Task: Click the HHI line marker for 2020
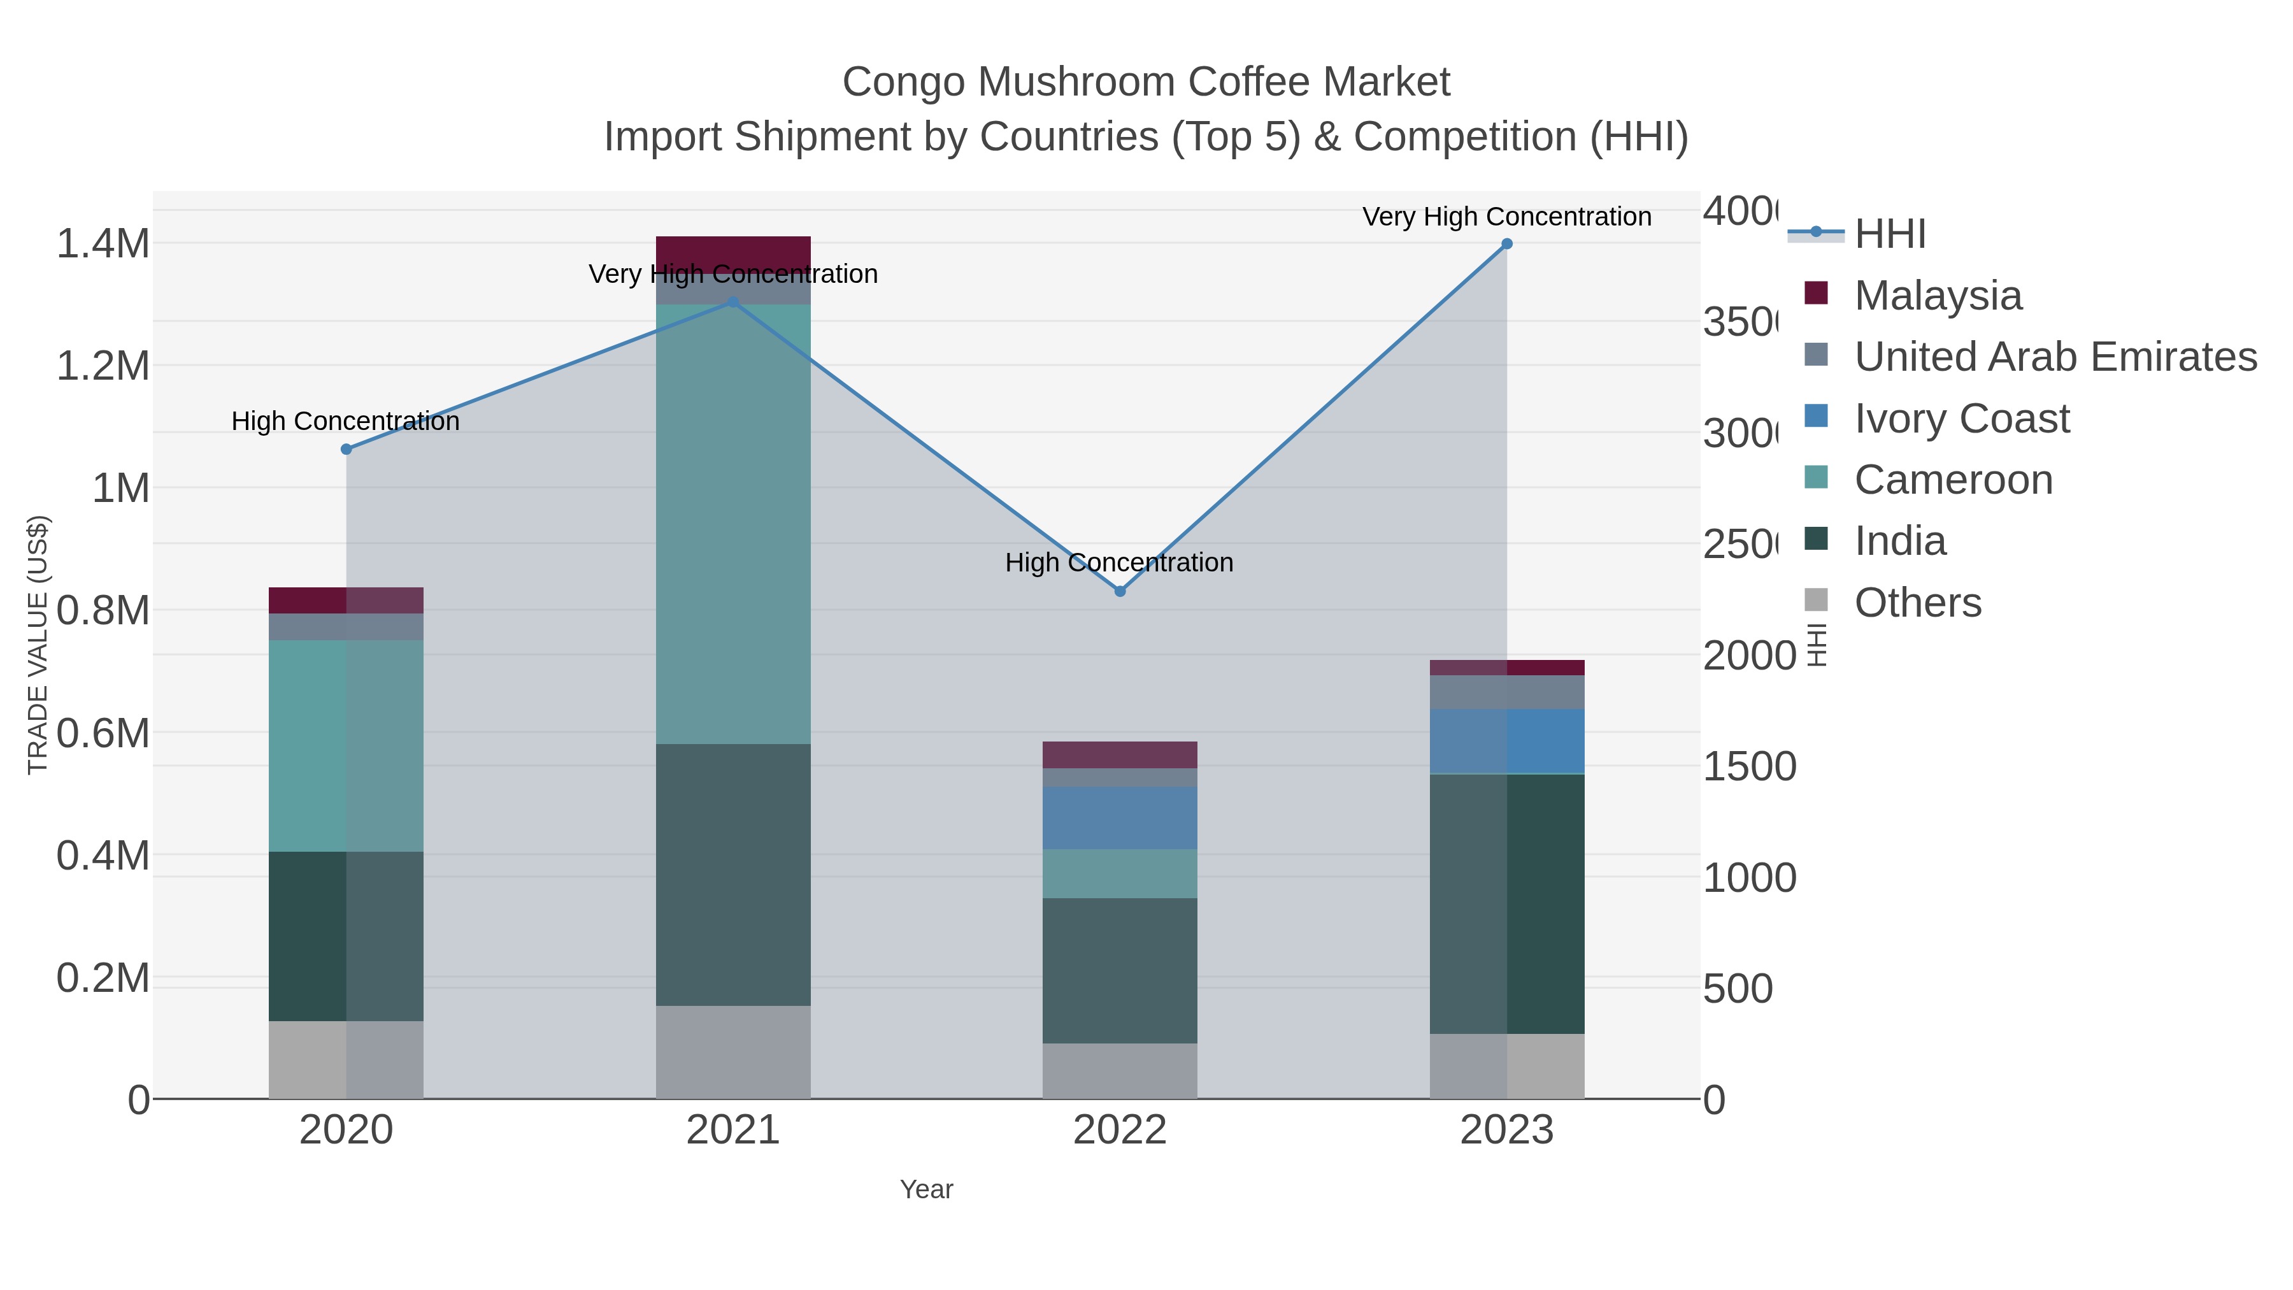[346, 450]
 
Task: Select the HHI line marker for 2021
[734, 302]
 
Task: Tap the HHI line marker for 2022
[1120, 591]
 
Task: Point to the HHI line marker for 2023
[1507, 244]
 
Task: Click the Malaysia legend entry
[1937, 296]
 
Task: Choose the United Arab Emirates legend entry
[2054, 357]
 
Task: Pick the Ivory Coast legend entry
[1961, 419]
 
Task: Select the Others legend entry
[1917, 603]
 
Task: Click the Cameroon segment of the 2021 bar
[734, 526]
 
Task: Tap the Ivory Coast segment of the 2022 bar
[1120, 818]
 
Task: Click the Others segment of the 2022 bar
[1120, 1071]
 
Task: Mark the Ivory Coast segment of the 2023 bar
[1507, 742]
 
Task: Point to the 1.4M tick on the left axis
[103, 244]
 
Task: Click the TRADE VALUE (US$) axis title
[38, 645]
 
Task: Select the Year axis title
[925, 1189]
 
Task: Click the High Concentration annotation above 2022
[1119, 563]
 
